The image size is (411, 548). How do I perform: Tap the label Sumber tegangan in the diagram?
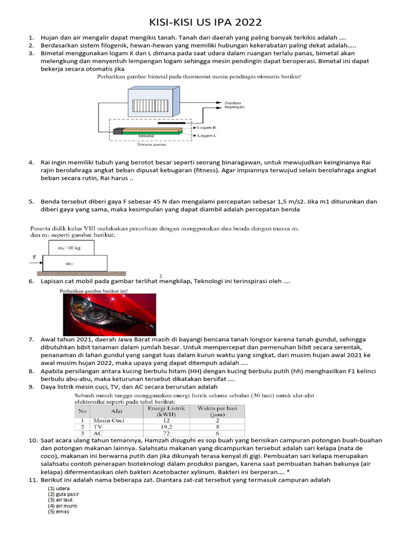(234, 105)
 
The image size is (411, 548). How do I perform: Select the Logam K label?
(207, 128)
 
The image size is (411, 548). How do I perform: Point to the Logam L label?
(207, 136)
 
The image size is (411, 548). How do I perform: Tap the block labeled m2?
(75, 263)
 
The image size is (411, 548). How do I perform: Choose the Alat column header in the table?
(117, 411)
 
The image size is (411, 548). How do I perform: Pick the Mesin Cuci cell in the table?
(109, 420)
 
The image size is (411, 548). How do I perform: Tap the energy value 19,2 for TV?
(165, 427)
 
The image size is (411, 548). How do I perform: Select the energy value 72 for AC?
(165, 434)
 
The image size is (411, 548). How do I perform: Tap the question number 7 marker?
(31, 339)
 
